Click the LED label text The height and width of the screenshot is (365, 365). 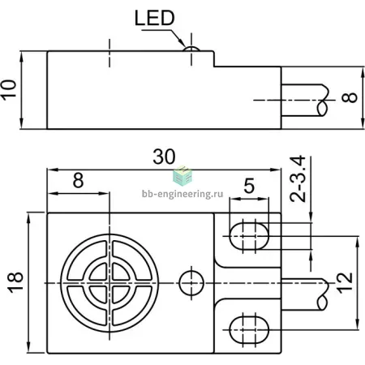pos(155,18)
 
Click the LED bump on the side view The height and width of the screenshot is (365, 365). pos(191,49)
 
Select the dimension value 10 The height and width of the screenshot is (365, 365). pos(8,90)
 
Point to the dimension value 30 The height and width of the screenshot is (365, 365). pos(164,157)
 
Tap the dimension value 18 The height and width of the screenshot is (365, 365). pos(15,282)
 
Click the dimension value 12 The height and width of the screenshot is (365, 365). pos(345,283)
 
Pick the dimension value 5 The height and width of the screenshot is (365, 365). pos(249,186)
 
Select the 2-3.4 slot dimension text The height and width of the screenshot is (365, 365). pos(298,178)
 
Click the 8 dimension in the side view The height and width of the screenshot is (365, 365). pos(350,97)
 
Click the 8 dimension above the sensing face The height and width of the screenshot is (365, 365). pos(78,180)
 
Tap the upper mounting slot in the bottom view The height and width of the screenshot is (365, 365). pos(249,236)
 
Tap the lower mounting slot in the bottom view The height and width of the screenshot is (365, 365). pos(249,330)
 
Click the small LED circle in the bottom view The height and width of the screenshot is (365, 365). pos(191,283)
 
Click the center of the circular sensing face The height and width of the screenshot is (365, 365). pos(109,283)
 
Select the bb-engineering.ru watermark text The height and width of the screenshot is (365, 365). pos(182,194)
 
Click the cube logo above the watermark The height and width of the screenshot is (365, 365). pos(182,175)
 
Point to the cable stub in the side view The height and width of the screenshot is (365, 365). pos(305,101)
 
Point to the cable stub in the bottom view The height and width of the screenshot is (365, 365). pos(305,294)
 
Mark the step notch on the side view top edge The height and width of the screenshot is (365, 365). pos(214,58)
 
